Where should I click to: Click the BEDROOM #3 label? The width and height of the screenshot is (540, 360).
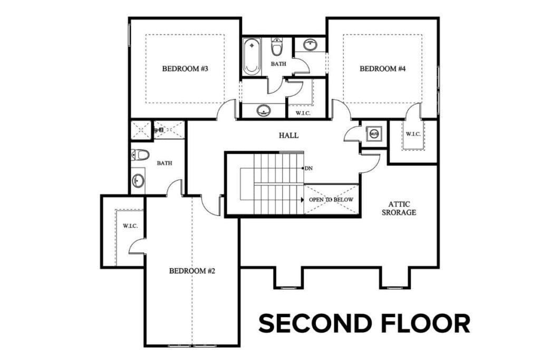tap(185, 69)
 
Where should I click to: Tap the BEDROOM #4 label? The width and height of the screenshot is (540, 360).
tap(382, 69)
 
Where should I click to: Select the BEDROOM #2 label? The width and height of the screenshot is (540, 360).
tap(192, 271)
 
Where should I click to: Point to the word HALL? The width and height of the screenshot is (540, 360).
tap(288, 135)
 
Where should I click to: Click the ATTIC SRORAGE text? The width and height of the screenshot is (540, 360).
tap(403, 208)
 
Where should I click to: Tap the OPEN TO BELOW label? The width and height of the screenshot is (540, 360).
tap(331, 200)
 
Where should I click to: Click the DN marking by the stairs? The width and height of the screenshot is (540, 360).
tap(308, 168)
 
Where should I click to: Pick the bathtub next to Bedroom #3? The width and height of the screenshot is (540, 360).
tap(252, 57)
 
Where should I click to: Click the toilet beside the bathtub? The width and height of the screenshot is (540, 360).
tap(276, 48)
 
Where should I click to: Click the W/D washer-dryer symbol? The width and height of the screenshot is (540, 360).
tap(374, 133)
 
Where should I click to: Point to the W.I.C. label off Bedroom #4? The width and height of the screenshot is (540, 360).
tap(413, 133)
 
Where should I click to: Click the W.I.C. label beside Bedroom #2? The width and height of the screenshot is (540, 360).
tap(130, 226)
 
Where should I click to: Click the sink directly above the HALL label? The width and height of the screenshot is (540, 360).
tap(264, 110)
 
